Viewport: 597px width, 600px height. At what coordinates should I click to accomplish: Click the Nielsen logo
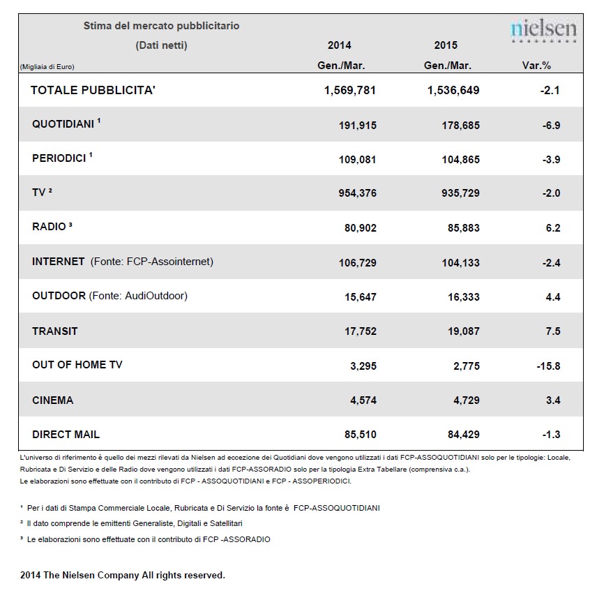(x=543, y=30)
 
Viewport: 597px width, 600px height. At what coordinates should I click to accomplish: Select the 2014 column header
(x=339, y=45)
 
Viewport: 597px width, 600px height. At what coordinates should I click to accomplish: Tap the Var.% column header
(x=536, y=66)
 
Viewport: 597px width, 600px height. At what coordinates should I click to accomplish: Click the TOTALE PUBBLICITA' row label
(x=93, y=90)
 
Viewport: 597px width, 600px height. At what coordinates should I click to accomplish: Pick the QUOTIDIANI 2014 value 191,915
(x=358, y=125)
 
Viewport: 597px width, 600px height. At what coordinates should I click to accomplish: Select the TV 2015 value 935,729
(x=460, y=193)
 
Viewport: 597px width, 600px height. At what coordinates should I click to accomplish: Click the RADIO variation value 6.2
(x=553, y=227)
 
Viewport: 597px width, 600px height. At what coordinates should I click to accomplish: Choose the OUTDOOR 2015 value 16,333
(x=464, y=297)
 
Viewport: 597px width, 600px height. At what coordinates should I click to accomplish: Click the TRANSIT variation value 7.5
(x=553, y=331)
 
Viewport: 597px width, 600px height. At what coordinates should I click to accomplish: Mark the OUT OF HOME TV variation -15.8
(x=548, y=366)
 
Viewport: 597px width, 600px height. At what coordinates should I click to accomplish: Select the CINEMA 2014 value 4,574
(x=363, y=400)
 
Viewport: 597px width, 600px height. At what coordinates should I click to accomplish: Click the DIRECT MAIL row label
(x=66, y=435)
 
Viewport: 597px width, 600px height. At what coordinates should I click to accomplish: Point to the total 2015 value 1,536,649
(x=453, y=90)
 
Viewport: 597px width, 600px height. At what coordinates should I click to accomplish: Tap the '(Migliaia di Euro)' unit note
(x=47, y=66)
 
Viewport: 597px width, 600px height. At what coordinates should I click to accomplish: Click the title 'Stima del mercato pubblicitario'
(x=161, y=26)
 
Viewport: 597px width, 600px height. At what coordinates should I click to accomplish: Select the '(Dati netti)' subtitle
(x=161, y=45)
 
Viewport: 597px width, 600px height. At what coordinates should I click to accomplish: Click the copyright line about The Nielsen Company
(x=122, y=575)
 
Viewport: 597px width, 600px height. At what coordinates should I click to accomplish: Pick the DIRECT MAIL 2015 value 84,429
(x=464, y=435)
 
